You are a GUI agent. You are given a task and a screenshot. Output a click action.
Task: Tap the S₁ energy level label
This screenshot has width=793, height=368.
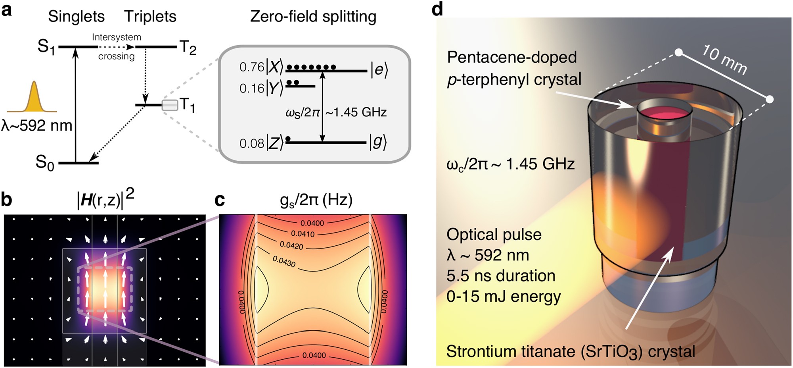(x=46, y=47)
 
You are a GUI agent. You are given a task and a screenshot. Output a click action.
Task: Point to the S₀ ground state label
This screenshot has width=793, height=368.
(x=44, y=162)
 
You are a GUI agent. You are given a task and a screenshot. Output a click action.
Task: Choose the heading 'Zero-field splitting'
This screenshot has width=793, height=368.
(x=313, y=17)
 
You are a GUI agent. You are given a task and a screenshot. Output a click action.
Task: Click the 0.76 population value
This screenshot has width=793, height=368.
(x=251, y=67)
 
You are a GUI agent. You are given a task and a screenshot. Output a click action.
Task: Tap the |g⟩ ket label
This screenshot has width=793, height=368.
(x=378, y=142)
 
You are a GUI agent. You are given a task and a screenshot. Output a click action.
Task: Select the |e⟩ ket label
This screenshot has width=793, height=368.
(x=379, y=70)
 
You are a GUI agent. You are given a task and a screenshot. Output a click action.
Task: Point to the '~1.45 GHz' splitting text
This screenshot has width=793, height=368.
(x=356, y=112)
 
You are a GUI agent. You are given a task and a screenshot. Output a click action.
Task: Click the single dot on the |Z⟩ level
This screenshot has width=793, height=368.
(x=288, y=139)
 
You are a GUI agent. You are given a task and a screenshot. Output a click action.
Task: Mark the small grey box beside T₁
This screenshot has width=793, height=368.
(x=170, y=105)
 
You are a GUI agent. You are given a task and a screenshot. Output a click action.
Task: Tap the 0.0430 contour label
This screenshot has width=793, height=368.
(x=284, y=261)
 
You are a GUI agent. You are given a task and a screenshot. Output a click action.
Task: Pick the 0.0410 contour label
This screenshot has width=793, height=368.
(x=303, y=234)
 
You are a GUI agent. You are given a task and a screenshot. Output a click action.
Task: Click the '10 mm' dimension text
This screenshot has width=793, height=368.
(x=724, y=60)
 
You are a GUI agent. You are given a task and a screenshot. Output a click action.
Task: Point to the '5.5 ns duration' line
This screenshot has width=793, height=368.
(x=501, y=276)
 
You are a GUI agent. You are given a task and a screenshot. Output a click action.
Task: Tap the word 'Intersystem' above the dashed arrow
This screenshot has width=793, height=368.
(x=117, y=37)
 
